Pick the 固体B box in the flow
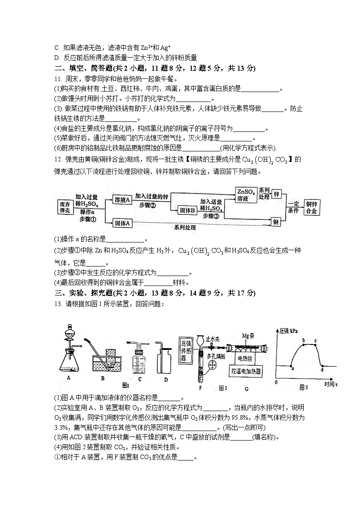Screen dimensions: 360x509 [x=187, y=210]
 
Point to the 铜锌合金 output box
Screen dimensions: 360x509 [x=311, y=207]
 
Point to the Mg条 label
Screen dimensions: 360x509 [x=248, y=336]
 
